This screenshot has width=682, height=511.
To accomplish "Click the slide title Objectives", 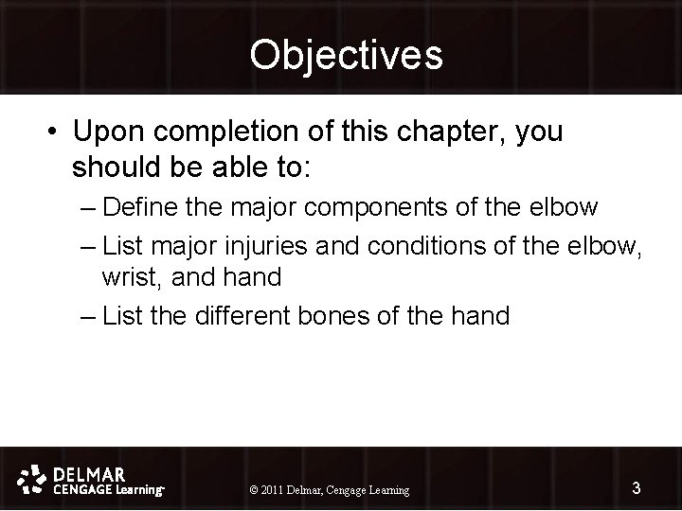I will click(x=346, y=55).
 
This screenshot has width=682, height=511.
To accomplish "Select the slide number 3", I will click(x=637, y=488).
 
